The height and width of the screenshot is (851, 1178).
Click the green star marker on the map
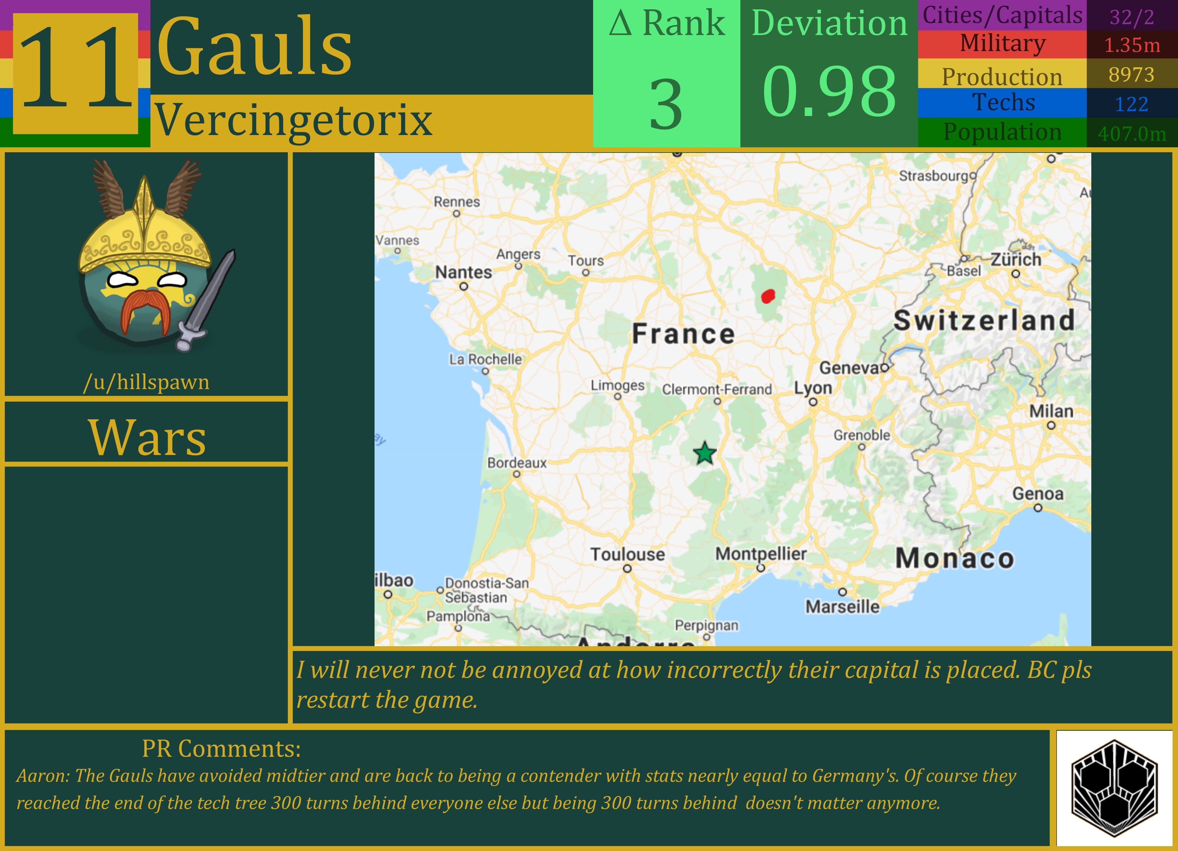[704, 453]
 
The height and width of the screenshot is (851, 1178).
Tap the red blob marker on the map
[768, 296]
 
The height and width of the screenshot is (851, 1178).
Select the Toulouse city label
[627, 554]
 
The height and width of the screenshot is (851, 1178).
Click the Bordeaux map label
[517, 463]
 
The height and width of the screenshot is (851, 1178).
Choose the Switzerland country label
[984, 320]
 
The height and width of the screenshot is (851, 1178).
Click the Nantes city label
[463, 272]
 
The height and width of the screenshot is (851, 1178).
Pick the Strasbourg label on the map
[934, 176]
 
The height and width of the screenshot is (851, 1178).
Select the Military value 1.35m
[1132, 45]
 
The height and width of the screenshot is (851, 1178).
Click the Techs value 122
[1132, 104]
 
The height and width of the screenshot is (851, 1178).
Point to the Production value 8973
[1132, 75]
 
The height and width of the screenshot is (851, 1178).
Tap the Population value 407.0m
[1132, 134]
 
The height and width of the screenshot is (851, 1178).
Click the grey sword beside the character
[208, 299]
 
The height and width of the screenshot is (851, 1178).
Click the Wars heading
[147, 437]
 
